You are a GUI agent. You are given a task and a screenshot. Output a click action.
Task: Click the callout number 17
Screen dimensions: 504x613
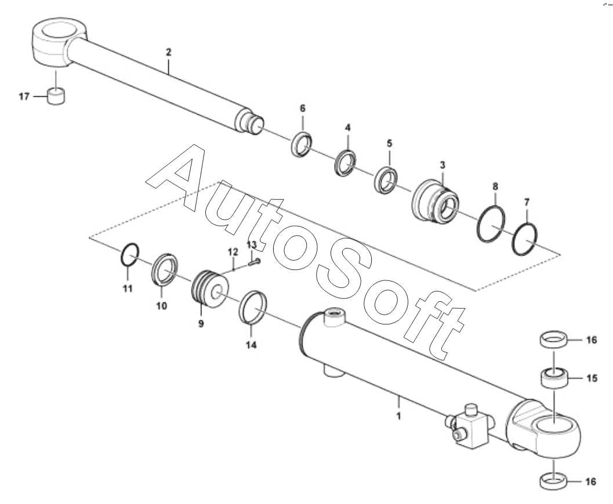pyautogui.click(x=24, y=97)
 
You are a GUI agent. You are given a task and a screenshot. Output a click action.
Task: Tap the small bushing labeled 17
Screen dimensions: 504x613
pyautogui.click(x=56, y=96)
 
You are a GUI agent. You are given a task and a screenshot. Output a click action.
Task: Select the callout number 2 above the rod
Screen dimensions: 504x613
pyautogui.click(x=169, y=52)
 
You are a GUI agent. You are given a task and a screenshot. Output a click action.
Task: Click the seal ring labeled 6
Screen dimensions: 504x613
pyautogui.click(x=301, y=144)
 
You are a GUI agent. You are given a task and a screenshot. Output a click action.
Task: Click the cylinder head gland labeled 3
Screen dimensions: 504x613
pyautogui.click(x=436, y=200)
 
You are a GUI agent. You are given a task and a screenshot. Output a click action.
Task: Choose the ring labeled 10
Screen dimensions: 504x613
pyautogui.click(x=166, y=268)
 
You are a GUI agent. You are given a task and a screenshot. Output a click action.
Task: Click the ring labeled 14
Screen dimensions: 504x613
pyautogui.click(x=253, y=308)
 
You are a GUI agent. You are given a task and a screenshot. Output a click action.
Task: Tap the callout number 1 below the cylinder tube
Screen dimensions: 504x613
pyautogui.click(x=398, y=415)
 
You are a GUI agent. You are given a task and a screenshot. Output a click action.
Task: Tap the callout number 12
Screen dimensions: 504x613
pyautogui.click(x=233, y=252)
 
